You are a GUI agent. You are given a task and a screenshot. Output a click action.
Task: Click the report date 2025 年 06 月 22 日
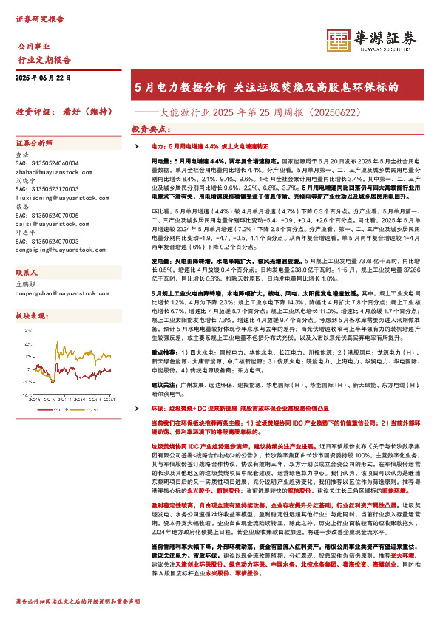47,78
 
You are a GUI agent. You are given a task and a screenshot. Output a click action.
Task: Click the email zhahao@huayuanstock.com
53,170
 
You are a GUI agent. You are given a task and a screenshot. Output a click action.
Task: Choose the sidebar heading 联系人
27,273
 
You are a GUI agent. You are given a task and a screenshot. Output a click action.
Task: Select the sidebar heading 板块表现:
32,316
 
